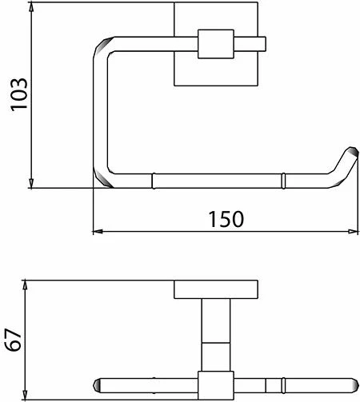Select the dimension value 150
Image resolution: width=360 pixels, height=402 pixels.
(x=226, y=217)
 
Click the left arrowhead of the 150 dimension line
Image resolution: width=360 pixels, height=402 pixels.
(x=97, y=232)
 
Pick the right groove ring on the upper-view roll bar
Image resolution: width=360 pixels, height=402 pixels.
(x=282, y=179)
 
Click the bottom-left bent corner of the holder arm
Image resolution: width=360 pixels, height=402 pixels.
(x=102, y=174)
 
